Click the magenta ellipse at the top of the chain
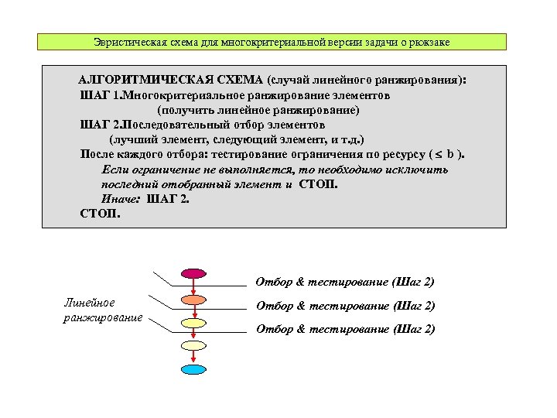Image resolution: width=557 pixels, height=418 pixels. click(x=193, y=274)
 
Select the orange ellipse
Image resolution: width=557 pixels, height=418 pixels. click(x=193, y=299)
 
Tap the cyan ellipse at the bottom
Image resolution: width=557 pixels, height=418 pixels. click(x=193, y=369)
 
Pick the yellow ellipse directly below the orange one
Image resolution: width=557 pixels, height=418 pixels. click(x=193, y=321)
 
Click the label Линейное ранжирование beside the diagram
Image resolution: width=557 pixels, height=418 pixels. click(x=102, y=310)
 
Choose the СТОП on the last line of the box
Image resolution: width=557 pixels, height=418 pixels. click(x=100, y=213)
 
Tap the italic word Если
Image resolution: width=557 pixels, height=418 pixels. click(x=117, y=169)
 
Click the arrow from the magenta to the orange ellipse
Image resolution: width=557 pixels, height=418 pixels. click(x=193, y=286)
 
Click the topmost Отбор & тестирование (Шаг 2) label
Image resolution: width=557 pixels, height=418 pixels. click(x=345, y=282)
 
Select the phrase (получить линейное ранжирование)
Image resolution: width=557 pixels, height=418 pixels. click(x=258, y=111)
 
